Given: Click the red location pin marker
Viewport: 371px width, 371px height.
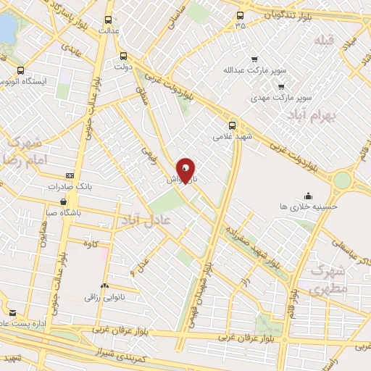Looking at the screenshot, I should (186, 170).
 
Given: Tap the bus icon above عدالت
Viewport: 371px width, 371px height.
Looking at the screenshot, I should (109, 20).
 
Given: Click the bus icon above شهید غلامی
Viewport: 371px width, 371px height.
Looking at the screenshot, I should (232, 123).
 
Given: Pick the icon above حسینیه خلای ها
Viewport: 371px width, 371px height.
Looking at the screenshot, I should (309, 194).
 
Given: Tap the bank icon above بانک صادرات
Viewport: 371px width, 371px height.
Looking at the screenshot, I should (70, 175).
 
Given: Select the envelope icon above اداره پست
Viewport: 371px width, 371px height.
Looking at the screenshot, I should (12, 312).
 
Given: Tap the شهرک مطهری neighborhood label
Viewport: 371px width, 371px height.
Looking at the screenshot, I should (330, 279).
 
